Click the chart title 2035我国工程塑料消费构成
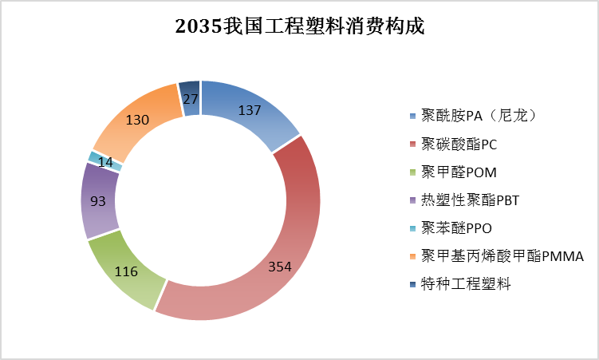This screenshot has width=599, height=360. click(299, 26)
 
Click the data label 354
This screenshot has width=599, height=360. click(279, 266)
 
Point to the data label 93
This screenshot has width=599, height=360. click(98, 201)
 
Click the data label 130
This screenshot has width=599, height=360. click(138, 120)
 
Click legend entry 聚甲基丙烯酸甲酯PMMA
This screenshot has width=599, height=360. click(502, 255)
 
